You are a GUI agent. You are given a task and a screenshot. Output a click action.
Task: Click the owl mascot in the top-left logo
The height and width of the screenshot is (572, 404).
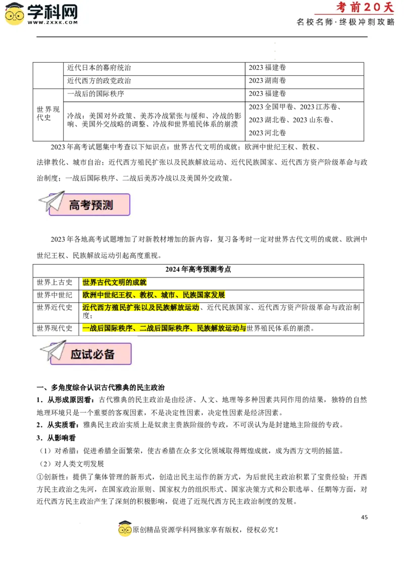(15, 14)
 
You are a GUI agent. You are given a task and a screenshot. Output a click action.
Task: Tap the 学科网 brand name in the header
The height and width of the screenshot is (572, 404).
(52, 11)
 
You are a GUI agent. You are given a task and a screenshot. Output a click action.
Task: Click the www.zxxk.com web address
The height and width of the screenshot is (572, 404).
(52, 22)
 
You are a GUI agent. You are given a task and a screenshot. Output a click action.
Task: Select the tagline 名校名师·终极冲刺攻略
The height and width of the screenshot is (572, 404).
(345, 22)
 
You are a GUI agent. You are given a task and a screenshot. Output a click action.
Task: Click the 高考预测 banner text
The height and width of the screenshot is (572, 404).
(91, 205)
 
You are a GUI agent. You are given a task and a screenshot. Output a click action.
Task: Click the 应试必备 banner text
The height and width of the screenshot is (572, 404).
(92, 354)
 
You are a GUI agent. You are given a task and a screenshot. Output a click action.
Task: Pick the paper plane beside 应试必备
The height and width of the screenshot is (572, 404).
(53, 350)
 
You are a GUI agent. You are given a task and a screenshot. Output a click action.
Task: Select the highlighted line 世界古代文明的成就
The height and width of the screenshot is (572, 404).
(114, 282)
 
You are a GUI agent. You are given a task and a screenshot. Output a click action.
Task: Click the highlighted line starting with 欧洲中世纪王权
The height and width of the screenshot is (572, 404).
(154, 295)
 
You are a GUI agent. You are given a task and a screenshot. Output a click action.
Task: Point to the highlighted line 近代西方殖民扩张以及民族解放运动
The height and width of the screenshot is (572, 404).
(141, 307)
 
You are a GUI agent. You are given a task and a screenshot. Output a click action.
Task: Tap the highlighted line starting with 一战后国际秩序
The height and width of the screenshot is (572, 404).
(164, 328)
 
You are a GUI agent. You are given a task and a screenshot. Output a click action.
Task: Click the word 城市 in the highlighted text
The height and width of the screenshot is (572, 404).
(168, 295)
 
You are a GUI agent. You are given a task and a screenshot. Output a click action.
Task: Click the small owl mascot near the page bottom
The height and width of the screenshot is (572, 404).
(125, 529)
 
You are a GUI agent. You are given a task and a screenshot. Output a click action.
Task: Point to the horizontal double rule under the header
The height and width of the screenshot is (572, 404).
(202, 37)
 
